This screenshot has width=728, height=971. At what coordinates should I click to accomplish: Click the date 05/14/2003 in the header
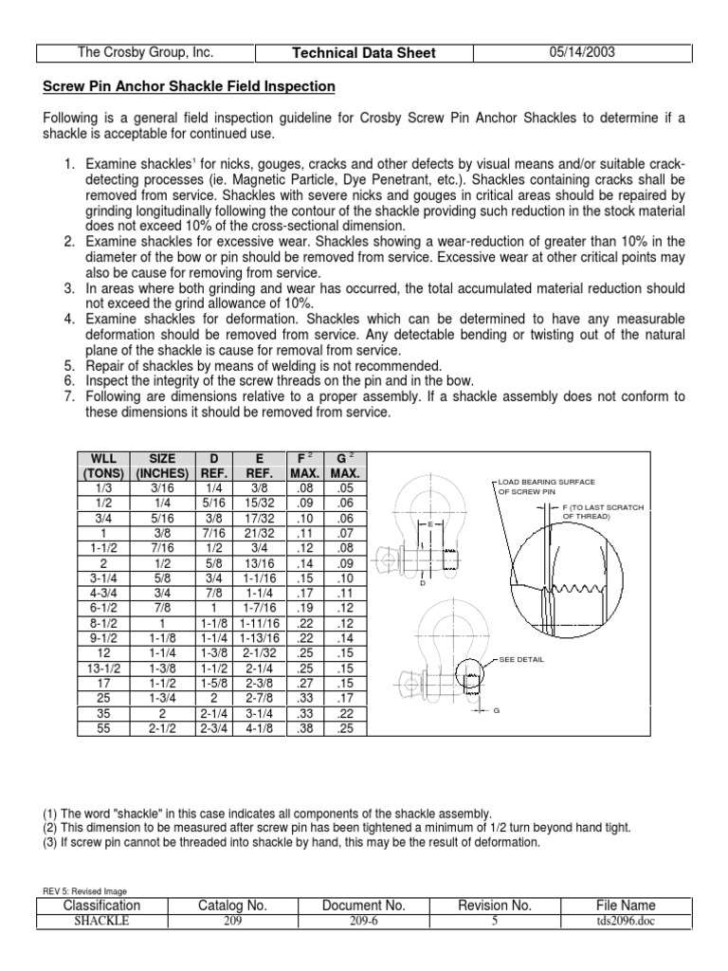582,53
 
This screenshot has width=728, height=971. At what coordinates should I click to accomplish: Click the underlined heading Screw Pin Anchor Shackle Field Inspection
190,87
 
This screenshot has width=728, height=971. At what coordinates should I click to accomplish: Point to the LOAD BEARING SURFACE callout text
547,483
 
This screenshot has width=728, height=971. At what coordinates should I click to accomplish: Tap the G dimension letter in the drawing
495,711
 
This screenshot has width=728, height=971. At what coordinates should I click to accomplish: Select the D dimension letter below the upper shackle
424,582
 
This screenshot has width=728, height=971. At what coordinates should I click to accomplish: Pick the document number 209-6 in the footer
364,921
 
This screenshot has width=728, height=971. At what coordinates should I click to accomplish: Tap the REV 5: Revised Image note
85,890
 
